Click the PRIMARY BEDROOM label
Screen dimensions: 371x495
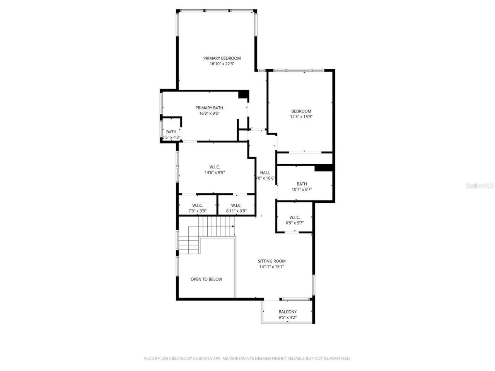point(222,58)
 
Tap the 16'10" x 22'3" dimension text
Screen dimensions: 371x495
point(222,64)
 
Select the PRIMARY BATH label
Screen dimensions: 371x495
point(209,108)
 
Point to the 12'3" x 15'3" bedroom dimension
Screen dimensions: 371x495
point(301,117)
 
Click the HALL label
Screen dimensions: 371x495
point(265,173)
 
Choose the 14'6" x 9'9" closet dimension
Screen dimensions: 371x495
point(215,173)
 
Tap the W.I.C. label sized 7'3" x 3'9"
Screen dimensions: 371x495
point(198,206)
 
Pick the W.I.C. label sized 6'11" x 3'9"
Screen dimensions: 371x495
point(236,206)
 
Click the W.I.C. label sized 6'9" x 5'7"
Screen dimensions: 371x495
point(295,218)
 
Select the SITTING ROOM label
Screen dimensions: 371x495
point(272,261)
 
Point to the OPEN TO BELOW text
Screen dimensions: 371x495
point(207,279)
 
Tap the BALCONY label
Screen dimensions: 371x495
point(288,312)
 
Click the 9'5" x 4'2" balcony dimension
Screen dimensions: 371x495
point(288,318)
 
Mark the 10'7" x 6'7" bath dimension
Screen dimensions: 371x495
point(302,190)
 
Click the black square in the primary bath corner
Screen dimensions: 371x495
point(243,94)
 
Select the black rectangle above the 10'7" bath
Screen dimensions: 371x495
point(324,168)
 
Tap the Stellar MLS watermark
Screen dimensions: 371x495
point(480,186)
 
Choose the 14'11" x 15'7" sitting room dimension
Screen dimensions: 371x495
point(272,267)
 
